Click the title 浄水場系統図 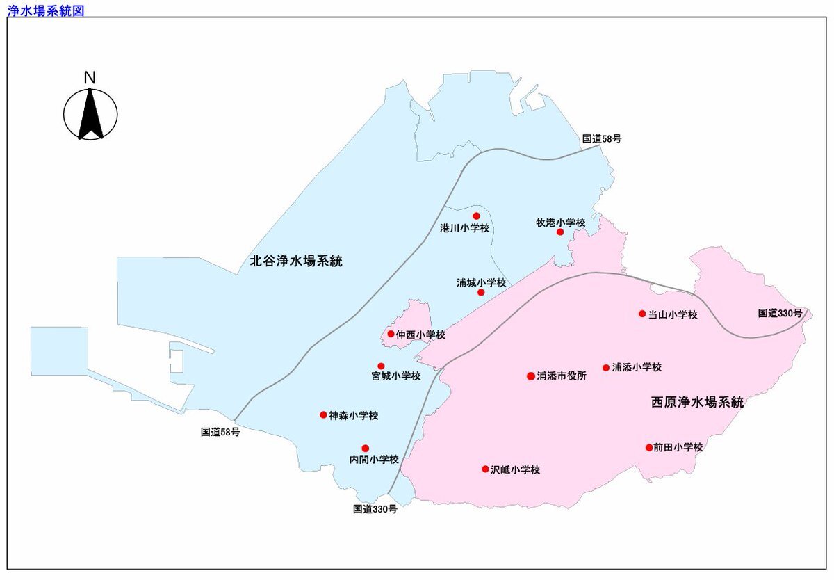[x=45, y=10]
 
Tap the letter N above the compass [x=90, y=78]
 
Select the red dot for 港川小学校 [x=476, y=216]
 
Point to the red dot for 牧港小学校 [x=560, y=232]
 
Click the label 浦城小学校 [x=482, y=283]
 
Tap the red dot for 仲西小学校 [x=391, y=334]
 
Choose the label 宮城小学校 [x=396, y=376]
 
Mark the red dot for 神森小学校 [x=323, y=415]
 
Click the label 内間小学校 [x=374, y=459]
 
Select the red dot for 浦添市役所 [x=531, y=376]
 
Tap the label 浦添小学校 [x=637, y=367]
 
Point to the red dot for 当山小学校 [x=642, y=314]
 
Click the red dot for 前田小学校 [x=648, y=448]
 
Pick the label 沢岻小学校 [x=515, y=469]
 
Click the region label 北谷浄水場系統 [x=297, y=261]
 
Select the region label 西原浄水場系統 [x=698, y=402]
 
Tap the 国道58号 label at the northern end [x=602, y=138]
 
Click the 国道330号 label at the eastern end [x=780, y=314]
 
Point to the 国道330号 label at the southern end [x=375, y=509]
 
